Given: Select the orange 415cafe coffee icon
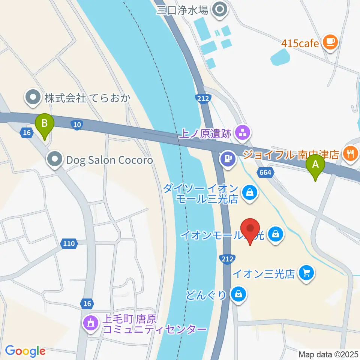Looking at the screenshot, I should [330, 42].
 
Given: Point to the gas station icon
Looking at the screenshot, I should [227, 157].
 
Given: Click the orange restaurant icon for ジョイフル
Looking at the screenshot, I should [350, 153].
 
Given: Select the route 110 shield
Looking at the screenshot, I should [69, 244].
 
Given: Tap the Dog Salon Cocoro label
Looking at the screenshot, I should [109, 160].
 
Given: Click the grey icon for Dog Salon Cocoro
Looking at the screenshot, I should [55, 159].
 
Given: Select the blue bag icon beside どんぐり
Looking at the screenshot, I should [238, 294].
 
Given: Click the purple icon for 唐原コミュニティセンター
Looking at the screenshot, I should [90, 322].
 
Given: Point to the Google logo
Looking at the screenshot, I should [25, 351].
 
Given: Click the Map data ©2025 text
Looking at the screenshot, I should [328, 354].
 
